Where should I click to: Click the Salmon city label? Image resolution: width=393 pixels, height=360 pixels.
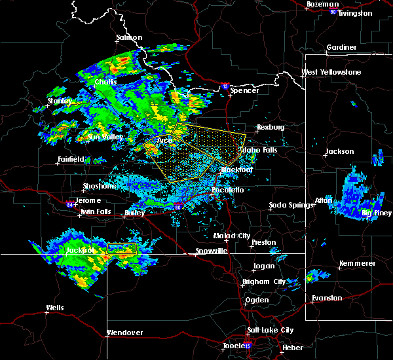(x=129, y=38)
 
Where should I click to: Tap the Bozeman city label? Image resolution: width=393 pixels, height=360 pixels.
(x=322, y=5)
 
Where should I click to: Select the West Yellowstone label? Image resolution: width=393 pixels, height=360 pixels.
(x=331, y=72)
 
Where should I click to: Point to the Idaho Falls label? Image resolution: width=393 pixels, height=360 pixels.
(x=261, y=151)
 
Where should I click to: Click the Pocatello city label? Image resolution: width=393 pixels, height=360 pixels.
(x=227, y=190)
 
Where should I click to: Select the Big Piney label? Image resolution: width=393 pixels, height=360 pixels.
(x=377, y=213)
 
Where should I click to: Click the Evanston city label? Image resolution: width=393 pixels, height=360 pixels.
(x=327, y=298)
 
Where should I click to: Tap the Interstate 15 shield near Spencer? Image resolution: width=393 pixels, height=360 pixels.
(x=225, y=85)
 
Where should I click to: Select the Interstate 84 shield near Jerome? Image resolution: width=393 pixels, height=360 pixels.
(x=71, y=203)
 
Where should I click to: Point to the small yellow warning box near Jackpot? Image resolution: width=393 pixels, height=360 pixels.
(x=121, y=248)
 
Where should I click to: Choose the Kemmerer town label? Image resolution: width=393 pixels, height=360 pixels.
(x=358, y=263)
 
